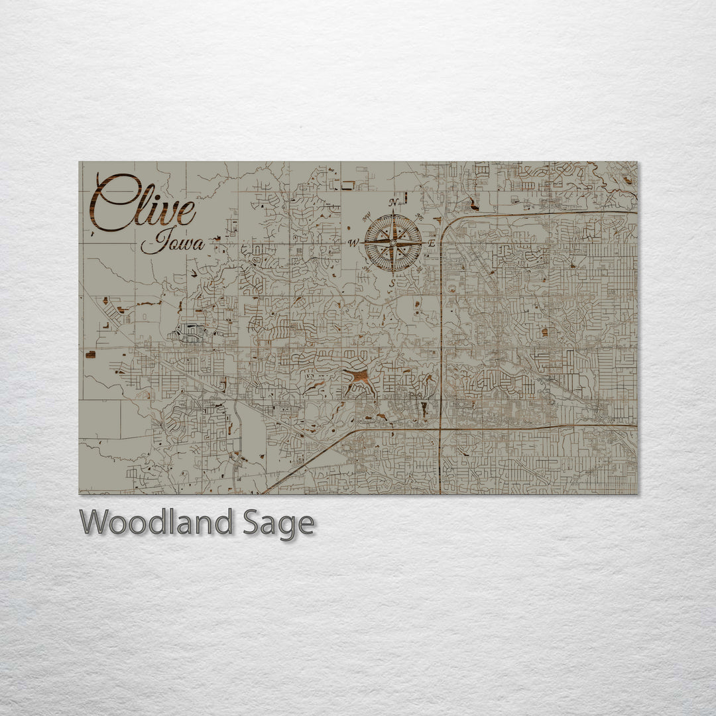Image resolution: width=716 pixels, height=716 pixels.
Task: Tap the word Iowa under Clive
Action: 172,243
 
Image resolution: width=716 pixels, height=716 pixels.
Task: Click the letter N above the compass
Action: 393,202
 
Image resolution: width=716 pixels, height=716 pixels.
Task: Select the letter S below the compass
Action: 392,283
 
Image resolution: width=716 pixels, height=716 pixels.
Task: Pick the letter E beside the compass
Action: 431,243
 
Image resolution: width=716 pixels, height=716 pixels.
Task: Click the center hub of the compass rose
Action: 392,243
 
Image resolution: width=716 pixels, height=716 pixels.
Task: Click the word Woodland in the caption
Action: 156,523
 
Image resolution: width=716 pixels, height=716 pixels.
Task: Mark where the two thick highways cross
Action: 440,428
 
